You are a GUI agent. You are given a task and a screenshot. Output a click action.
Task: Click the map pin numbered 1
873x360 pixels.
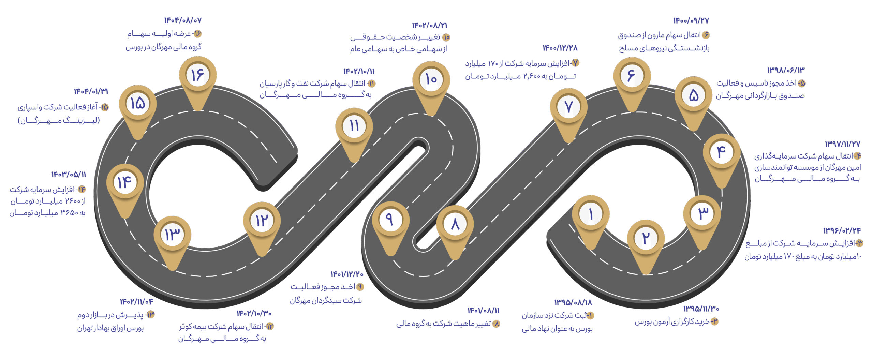click(591, 214)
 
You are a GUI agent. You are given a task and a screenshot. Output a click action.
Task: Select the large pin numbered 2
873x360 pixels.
click(646, 238)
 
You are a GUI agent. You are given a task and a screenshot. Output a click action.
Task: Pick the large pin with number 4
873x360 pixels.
click(722, 152)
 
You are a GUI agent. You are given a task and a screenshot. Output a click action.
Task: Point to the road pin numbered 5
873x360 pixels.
click(693, 95)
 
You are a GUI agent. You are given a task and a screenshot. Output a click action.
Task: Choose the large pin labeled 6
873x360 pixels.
click(632, 76)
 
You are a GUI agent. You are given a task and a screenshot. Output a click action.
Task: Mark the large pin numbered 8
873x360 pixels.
click(455, 224)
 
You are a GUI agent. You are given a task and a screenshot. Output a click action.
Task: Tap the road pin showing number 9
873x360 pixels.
click(390, 220)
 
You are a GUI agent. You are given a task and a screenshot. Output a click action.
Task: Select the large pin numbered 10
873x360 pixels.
click(431, 80)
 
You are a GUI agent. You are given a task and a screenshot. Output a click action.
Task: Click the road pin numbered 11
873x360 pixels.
click(354, 126)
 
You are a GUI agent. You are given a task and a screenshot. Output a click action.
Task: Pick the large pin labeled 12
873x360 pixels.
click(262, 221)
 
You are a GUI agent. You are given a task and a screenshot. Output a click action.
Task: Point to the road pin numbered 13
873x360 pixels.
click(172, 235)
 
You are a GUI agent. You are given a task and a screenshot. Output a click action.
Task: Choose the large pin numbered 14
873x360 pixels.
click(125, 182)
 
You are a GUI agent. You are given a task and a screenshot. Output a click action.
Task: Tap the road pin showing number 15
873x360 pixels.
click(138, 103)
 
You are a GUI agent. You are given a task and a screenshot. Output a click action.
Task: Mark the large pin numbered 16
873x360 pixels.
click(198, 75)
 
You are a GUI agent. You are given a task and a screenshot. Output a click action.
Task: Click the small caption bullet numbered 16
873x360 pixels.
click(198, 34)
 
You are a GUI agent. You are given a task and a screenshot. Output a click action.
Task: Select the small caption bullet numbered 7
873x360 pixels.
click(575, 63)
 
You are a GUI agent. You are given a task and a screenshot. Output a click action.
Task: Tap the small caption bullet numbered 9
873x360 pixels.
click(360, 287)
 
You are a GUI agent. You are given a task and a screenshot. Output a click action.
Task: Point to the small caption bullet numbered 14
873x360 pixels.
click(82, 190)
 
